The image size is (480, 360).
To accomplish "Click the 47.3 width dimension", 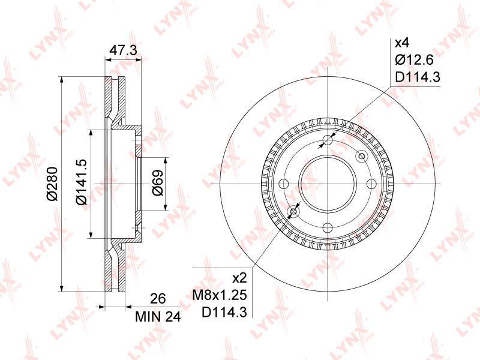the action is (123, 50).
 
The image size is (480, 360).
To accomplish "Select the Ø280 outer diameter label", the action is (52, 184).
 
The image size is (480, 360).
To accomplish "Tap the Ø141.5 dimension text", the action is (82, 182).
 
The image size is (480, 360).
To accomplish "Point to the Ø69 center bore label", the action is (158, 183).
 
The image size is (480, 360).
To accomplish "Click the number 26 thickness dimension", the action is (158, 298).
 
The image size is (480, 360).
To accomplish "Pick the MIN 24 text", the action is (158, 317).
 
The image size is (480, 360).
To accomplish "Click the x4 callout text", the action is (402, 43).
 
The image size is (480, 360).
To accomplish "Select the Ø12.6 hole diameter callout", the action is (414, 60).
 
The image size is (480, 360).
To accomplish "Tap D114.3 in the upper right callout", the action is (418, 77).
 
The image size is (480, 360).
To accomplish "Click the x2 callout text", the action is (239, 278).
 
